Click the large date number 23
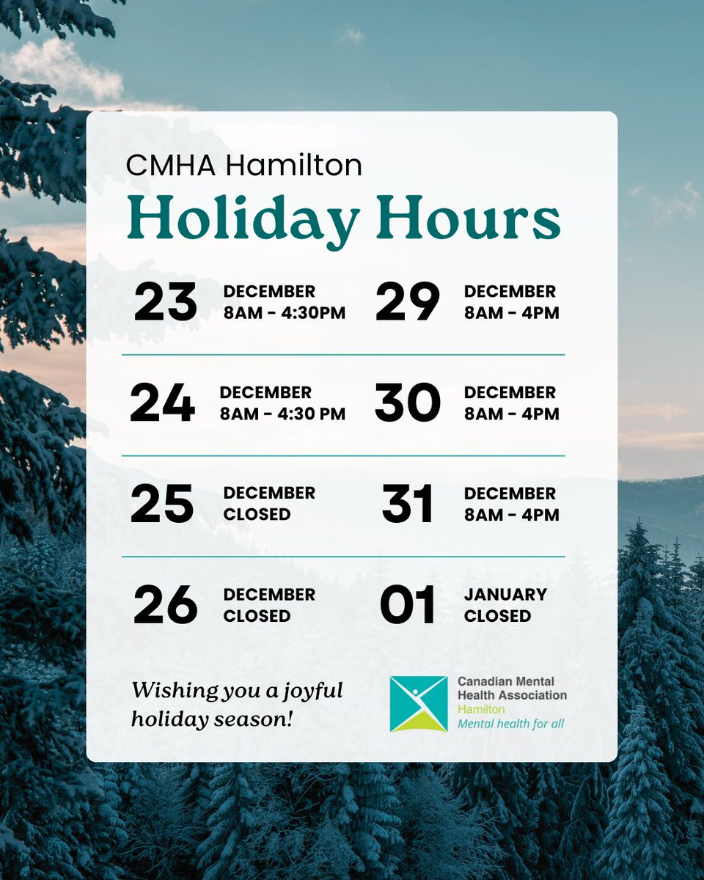tap(165, 302)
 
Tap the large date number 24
tap(162, 403)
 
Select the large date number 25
tap(162, 504)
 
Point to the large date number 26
tap(165, 605)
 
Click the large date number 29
tap(407, 302)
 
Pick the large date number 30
tap(407, 403)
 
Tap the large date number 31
tap(407, 504)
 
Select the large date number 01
tap(407, 605)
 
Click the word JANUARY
tap(505, 594)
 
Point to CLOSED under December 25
tap(257, 515)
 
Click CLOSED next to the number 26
tap(257, 616)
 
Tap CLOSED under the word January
tap(497, 616)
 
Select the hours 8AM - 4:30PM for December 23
tap(284, 313)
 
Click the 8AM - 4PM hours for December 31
tap(511, 515)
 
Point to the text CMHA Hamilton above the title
tap(243, 165)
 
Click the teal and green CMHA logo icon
tap(418, 704)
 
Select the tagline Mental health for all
tap(510, 724)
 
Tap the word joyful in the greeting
tap(308, 690)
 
